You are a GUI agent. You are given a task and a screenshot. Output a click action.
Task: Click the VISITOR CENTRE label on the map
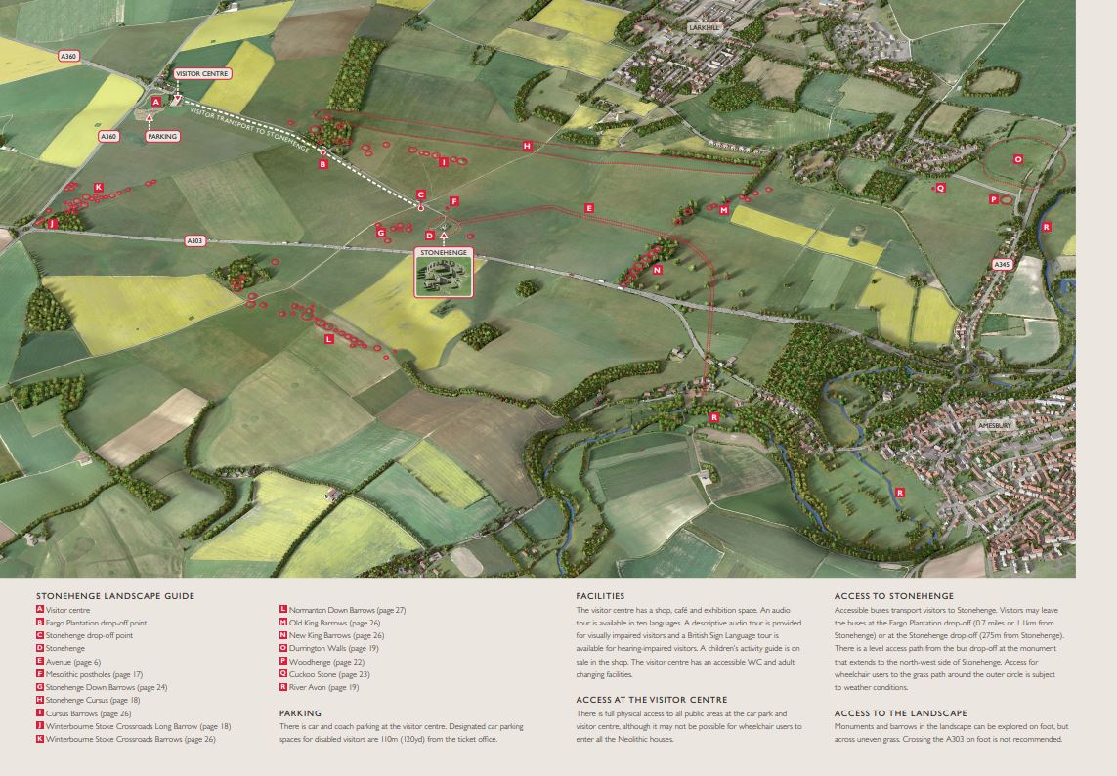202,73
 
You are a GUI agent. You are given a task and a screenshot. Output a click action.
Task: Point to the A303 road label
195,240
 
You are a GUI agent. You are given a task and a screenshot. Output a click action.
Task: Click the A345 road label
1002,265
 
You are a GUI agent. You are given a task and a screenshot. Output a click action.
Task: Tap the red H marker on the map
527,146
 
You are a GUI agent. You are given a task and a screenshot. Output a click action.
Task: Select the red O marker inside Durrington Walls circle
1017,158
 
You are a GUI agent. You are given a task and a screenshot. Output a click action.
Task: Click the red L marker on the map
328,338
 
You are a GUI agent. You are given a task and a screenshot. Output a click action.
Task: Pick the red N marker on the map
658,269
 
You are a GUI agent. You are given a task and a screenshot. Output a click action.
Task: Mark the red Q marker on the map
940,187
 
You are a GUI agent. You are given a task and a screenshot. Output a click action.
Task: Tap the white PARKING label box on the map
162,136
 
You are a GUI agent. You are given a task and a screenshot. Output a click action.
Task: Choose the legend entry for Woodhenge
313,661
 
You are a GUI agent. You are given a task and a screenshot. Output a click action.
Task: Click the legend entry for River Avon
318,687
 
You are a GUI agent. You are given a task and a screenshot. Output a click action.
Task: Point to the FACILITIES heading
600,595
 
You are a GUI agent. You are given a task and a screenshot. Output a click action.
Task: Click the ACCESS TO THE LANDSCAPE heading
900,712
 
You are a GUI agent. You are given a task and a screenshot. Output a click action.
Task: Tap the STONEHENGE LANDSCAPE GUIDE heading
115,595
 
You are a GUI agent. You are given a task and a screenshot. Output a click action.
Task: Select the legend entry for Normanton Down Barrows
341,610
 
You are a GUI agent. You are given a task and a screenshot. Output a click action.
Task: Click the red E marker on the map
588,208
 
